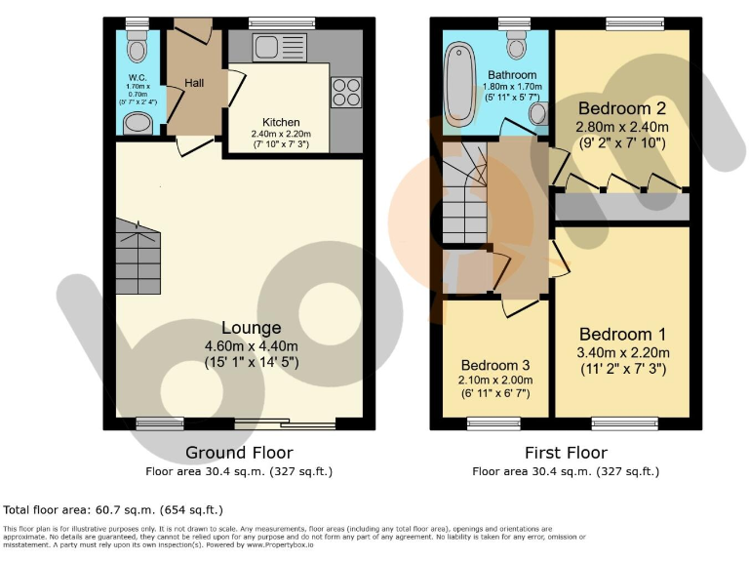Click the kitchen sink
coord(267,45)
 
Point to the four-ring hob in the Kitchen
coord(346,92)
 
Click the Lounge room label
coord(251,328)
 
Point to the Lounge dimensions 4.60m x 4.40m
coord(251,345)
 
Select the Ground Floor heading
coord(239,453)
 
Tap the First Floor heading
coord(566,453)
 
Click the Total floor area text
coord(113,509)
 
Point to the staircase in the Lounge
coord(138,257)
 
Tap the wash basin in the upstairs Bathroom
coord(537,115)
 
